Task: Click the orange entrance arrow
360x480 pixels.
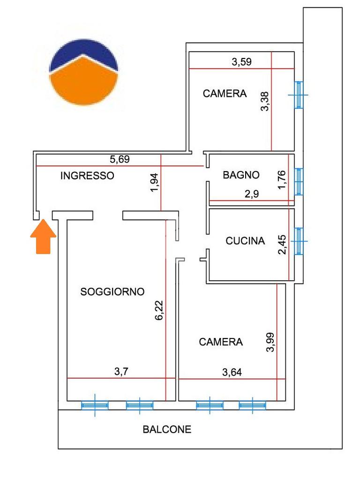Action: pos(43,237)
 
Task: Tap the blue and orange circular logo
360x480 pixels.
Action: pos(83,72)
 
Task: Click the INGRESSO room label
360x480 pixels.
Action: pos(87,176)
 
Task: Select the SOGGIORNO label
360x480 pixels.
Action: pos(112,292)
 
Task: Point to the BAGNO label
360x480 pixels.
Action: pos(241,175)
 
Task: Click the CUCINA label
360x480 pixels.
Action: pos(245,241)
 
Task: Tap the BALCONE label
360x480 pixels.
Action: pos(167,429)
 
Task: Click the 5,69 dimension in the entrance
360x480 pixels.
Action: pos(120,159)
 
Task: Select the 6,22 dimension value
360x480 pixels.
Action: pos(159,310)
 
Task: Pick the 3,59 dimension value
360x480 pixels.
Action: pos(241,62)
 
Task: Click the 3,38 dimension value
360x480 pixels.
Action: pos(264,101)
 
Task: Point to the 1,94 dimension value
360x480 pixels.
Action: pos(154,183)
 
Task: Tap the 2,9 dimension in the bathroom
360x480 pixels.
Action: pos(252,194)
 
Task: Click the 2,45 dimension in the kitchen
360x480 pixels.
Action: pos(282,245)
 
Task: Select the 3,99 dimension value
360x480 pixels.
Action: pos(270,342)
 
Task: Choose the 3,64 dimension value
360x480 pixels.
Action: pos(232,372)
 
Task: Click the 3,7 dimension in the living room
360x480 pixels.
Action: pos(121,372)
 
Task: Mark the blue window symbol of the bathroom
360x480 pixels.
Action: pos(299,181)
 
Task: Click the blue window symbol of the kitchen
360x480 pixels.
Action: pos(299,241)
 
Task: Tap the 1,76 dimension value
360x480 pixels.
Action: pos(282,180)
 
